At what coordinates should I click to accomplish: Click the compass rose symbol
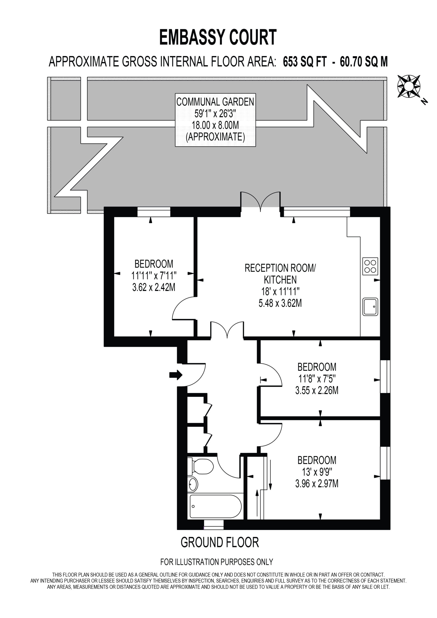point(409,86)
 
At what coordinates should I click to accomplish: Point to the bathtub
point(215,506)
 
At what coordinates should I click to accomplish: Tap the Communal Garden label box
point(215,120)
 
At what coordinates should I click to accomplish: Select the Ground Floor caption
point(220,542)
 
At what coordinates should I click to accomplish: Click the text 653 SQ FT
point(305,62)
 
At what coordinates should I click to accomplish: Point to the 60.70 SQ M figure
point(364,62)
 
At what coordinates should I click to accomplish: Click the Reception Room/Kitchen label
point(280,274)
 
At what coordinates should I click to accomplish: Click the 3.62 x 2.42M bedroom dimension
point(154,287)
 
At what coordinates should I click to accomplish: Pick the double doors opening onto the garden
point(260,202)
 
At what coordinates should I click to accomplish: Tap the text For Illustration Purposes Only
point(217,562)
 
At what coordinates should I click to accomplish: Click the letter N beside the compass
point(424,101)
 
